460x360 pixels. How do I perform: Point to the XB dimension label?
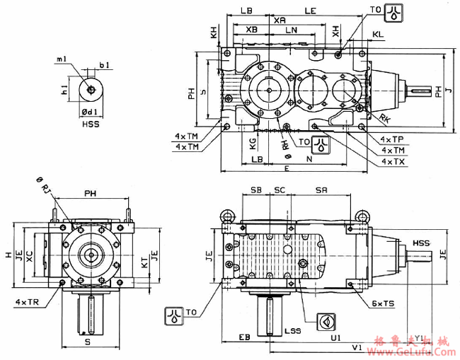251,30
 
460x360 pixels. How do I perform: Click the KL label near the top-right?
378,34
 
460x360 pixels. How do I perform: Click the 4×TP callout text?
392,140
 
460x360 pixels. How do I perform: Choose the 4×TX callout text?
392,161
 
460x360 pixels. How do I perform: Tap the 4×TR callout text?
28,302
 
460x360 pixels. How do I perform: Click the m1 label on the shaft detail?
62,60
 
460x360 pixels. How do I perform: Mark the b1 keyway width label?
104,66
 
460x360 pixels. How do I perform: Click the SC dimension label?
280,191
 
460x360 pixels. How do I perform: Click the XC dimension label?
29,257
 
